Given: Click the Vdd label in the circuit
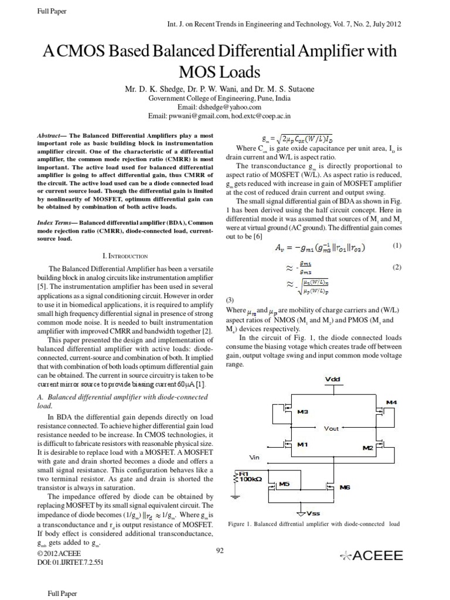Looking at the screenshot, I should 332,379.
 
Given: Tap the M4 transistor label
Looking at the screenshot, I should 391,402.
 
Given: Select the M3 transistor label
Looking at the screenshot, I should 303,412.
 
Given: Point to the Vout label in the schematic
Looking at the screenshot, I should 331,428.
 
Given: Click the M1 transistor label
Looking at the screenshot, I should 302,444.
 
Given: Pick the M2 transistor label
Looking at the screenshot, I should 367,448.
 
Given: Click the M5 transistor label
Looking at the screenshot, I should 284,484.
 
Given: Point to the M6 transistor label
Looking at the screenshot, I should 345,486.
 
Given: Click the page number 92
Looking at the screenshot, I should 221,550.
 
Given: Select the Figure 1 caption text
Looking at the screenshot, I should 313,523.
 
